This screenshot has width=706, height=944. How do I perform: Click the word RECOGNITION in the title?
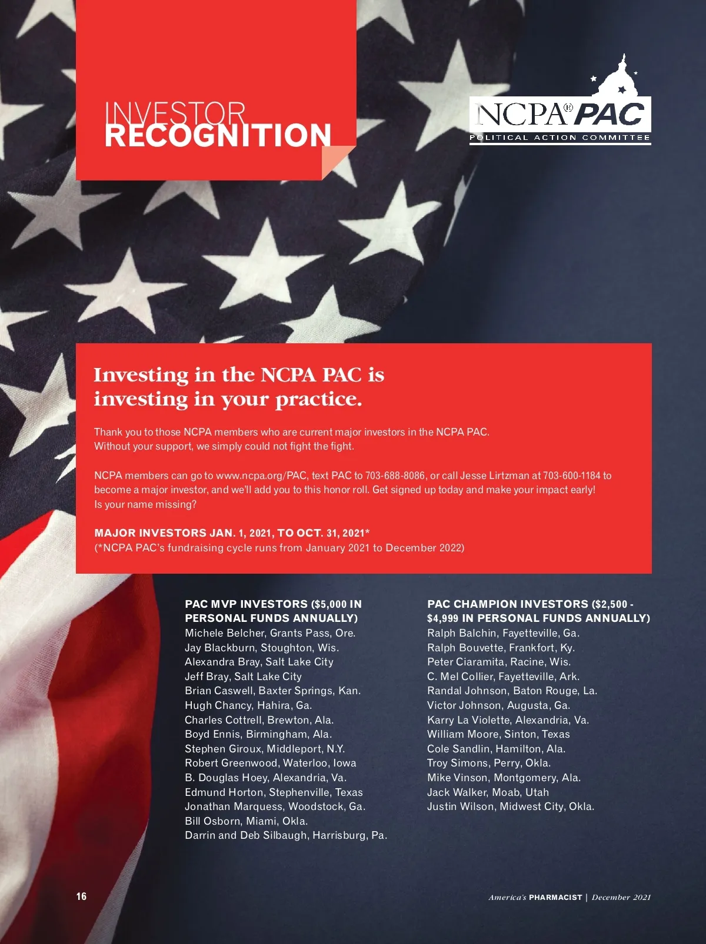pos(218,135)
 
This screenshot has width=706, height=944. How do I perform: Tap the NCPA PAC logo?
pos(560,117)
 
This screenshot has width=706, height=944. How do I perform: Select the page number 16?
pos(81,896)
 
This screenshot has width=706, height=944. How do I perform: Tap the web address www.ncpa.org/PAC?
pos(261,476)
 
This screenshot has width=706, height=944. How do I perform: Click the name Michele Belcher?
pos(224,633)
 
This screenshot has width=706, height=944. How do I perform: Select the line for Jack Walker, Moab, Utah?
pos(488,792)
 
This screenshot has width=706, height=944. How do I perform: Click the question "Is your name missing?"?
pos(145,504)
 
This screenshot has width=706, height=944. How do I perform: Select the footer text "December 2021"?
pos(621,897)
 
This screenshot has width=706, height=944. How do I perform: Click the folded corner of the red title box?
pos(337,160)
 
